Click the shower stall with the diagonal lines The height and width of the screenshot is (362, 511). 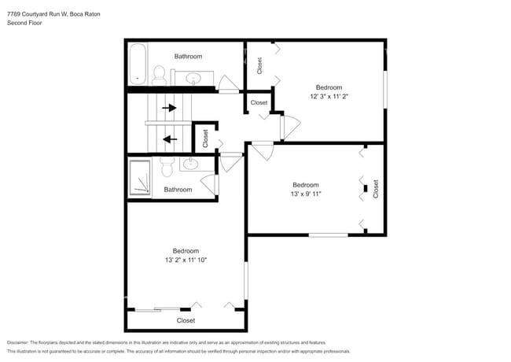(x=140, y=177)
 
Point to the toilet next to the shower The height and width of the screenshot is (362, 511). (x=167, y=167)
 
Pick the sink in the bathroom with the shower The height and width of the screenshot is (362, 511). (x=191, y=164)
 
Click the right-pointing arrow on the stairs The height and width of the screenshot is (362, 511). (x=169, y=107)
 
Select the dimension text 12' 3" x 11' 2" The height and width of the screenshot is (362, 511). (x=329, y=97)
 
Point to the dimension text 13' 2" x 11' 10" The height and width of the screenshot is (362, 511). (x=186, y=260)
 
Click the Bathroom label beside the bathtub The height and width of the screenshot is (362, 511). (x=188, y=56)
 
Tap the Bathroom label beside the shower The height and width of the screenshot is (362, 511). (x=178, y=190)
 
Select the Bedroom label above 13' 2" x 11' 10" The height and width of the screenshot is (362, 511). (x=186, y=250)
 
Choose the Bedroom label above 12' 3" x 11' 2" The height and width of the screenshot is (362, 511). (x=329, y=87)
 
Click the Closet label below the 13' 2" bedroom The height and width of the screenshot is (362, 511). (x=186, y=320)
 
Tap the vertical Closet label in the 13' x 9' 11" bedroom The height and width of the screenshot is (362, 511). (x=376, y=189)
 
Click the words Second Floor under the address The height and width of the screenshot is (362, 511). (x=24, y=24)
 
